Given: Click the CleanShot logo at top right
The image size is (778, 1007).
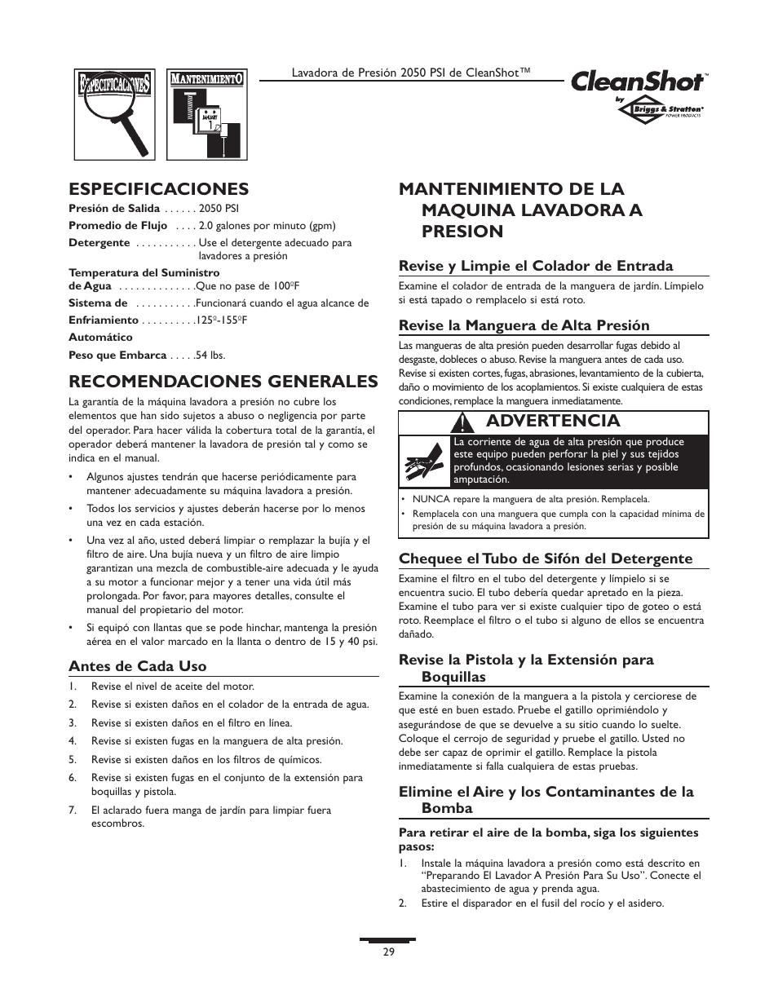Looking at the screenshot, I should (639, 82).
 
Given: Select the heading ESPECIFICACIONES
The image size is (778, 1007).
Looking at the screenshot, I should (158, 189).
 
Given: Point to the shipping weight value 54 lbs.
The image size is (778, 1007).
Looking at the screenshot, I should (210, 356).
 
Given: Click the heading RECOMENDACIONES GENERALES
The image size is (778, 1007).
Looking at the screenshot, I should (223, 382).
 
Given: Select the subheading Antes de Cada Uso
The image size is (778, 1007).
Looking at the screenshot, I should (137, 665).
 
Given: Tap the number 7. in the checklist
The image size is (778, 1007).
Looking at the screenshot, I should (73, 810).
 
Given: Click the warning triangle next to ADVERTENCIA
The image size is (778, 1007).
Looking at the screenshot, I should (464, 422).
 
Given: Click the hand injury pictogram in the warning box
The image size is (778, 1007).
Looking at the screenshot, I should (424, 462).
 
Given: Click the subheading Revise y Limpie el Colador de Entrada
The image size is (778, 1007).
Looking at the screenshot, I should (535, 265).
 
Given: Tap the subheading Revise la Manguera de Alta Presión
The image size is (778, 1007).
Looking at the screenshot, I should (524, 325).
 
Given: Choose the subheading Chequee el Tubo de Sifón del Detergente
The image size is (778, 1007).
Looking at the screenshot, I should (545, 559).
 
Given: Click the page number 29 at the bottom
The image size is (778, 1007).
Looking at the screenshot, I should (388, 952).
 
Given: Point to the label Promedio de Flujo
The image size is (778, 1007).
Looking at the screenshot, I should (117, 226).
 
